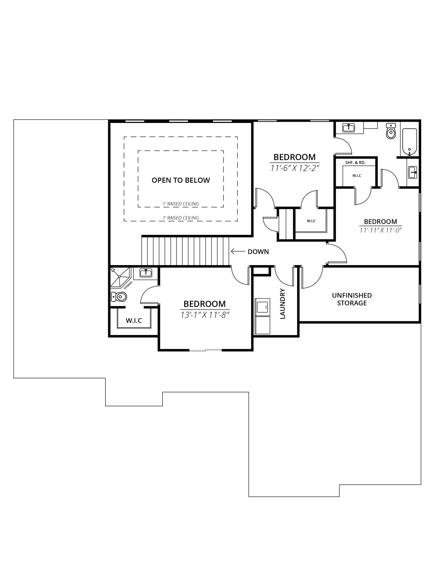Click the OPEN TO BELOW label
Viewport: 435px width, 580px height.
pos(181,180)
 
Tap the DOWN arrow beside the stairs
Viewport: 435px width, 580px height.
pos(238,251)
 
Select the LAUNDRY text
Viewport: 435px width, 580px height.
pos(282,303)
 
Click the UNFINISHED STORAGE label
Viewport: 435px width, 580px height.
pos(352,299)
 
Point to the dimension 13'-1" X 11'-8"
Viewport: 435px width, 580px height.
pos(205,315)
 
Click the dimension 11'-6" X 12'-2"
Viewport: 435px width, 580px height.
pos(295,168)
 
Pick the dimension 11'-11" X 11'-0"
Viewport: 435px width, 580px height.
pos(380,230)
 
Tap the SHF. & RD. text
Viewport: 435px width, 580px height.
pos(355,163)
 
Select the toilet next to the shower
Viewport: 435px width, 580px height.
pos(119,297)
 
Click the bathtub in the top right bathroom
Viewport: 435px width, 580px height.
pos(409,142)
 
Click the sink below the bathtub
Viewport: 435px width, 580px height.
pos(412,173)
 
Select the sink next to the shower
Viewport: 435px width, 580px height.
pos(146,273)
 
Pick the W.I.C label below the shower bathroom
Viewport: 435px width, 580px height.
pos(134,320)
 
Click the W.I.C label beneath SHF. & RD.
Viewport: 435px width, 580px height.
pos(357,176)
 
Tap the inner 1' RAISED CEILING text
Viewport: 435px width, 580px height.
pos(181,204)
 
